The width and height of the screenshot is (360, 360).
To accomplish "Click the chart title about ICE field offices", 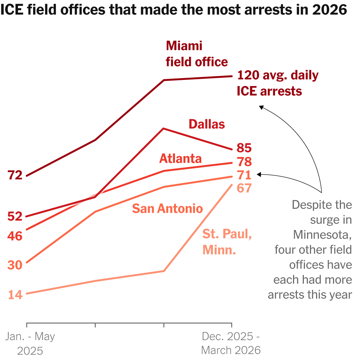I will point(174,10).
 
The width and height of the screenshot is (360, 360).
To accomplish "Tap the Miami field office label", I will point(197,54).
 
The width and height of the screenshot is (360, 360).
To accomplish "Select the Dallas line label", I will point(207,124).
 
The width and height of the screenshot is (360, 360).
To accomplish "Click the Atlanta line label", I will point(180,158).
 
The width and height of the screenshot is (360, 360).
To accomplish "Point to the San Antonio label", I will point(167,208).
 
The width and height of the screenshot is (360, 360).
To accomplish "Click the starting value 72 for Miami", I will point(15,175).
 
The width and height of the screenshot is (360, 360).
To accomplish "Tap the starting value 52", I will point(15,216).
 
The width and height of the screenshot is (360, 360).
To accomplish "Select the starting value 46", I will point(15,236).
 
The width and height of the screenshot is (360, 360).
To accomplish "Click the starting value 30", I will point(15,265).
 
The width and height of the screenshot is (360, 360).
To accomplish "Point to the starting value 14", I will point(15,294).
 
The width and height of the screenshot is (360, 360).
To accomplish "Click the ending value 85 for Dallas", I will point(244,148).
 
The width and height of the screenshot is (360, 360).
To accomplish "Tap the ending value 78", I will point(244,162).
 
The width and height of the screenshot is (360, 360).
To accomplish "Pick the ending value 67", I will point(244,188).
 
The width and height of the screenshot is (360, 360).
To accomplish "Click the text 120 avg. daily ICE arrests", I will point(277,83).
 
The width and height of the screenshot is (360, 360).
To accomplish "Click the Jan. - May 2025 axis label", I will point(30,343).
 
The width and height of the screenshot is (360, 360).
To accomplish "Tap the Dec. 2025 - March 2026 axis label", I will point(231,343).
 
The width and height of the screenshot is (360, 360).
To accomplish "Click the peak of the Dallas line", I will point(164,129).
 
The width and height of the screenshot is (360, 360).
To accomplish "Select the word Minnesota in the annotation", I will point(322,234).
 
